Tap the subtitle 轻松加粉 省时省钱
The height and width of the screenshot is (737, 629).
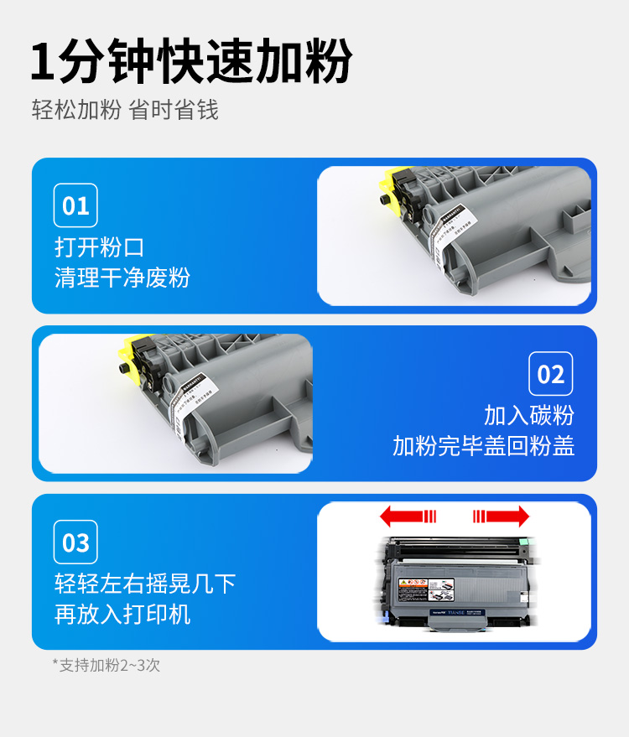[125, 110]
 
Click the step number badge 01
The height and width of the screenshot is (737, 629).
[75, 205]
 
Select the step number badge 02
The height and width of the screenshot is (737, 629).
[551, 374]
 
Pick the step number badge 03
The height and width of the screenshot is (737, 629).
[75, 542]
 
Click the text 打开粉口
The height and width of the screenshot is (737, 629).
[100, 247]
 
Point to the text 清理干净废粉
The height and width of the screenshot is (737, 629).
[122, 278]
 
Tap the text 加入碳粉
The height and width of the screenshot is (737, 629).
[529, 415]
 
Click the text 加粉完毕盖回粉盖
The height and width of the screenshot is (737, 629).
[484, 445]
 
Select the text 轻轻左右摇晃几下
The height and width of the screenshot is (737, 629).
[145, 584]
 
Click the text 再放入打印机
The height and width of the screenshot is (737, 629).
[122, 614]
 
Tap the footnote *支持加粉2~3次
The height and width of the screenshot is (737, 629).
[107, 665]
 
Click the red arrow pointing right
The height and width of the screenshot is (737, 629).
[501, 516]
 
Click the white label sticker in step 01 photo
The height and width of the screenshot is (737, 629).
[454, 239]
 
